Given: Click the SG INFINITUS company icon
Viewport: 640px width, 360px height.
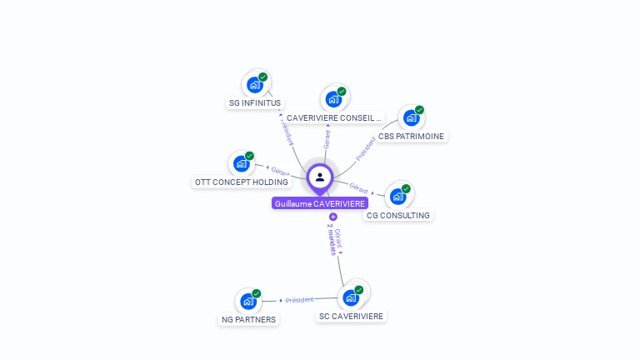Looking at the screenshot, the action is coord(255,85).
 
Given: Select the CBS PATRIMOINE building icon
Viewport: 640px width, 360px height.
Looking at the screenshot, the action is coord(411,117).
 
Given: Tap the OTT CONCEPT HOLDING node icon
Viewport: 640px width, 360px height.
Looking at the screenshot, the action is coord(242,163).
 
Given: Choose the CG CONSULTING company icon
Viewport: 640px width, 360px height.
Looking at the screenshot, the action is coord(397,197).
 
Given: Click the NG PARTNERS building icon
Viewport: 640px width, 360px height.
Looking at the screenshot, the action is coord(248,301).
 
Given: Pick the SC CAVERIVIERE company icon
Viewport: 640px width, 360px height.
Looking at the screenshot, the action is coord(351,297).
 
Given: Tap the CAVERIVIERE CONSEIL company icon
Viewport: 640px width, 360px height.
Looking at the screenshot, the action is coord(334,99).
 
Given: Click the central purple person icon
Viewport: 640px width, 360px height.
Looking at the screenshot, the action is coord(320,177).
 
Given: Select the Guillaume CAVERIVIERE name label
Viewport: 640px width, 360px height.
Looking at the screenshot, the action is coord(320,203).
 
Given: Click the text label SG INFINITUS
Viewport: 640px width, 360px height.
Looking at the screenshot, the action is coord(255,103).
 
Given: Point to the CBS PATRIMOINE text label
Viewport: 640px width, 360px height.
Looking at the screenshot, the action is coord(411,136).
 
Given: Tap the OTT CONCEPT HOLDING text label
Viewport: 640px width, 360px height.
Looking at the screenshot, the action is coord(242,182).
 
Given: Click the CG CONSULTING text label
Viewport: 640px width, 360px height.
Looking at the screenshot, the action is coord(398,215).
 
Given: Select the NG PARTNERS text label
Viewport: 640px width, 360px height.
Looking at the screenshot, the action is coord(248,319).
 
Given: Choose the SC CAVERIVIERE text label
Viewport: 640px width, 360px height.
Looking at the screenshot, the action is coord(351,316).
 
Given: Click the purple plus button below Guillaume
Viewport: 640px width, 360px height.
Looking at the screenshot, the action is coord(333,217).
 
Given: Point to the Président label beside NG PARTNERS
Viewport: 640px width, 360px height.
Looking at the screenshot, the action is coord(299,300).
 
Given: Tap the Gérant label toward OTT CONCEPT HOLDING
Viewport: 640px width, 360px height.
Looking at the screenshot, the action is coord(279,171).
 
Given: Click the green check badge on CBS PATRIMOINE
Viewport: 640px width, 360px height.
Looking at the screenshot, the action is coord(419,110).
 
